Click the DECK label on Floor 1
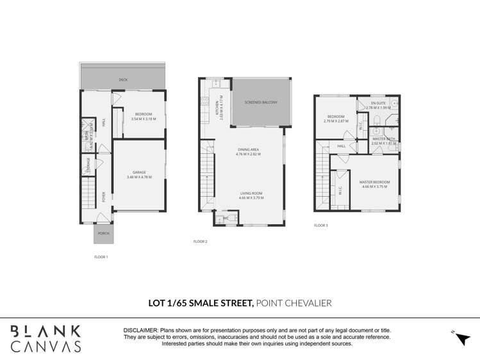point(123,80)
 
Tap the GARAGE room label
point(139,172)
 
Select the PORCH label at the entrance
point(103,234)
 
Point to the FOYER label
point(104,197)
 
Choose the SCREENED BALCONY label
point(261,102)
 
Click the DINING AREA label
point(248,151)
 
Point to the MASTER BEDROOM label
point(374,182)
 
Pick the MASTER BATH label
point(383,139)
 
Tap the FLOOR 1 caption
point(101,257)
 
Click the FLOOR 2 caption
point(201,241)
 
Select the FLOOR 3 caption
point(321,225)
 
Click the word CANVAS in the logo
point(46,347)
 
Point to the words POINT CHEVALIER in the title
point(294,303)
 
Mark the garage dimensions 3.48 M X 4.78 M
point(139,176)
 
